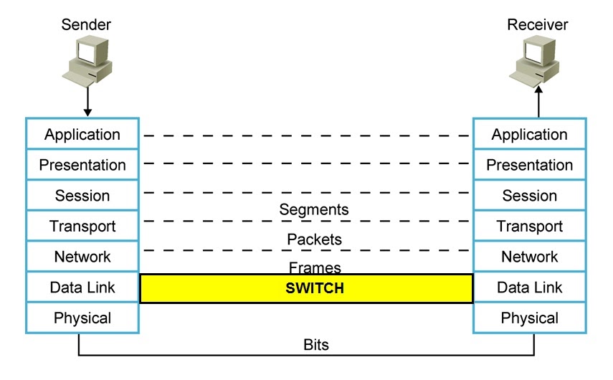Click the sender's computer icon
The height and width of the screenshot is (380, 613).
click(x=87, y=59)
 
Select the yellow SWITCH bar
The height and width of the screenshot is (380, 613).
click(x=306, y=288)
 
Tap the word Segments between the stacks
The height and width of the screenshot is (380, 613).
click(x=314, y=210)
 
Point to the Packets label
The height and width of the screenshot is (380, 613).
click(x=314, y=239)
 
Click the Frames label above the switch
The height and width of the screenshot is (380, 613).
click(x=314, y=267)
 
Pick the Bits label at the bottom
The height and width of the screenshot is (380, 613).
click(x=315, y=345)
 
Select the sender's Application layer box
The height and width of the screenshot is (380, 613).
click(x=82, y=134)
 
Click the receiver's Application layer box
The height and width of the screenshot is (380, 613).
click(x=529, y=134)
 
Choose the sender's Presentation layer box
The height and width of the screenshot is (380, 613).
click(x=82, y=165)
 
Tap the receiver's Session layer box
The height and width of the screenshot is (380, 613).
click(x=529, y=196)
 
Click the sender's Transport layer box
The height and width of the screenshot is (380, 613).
click(x=82, y=227)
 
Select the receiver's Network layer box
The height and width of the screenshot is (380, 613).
click(x=529, y=257)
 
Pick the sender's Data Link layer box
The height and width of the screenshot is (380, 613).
click(x=82, y=288)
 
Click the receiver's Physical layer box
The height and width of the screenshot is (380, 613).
click(x=529, y=318)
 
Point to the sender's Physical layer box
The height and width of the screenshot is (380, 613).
click(x=82, y=318)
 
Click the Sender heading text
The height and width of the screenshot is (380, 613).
click(x=86, y=25)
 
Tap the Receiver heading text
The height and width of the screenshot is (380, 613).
click(x=537, y=25)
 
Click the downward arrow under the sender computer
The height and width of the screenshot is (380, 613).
click(x=87, y=100)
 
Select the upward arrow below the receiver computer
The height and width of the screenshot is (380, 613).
click(x=538, y=100)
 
